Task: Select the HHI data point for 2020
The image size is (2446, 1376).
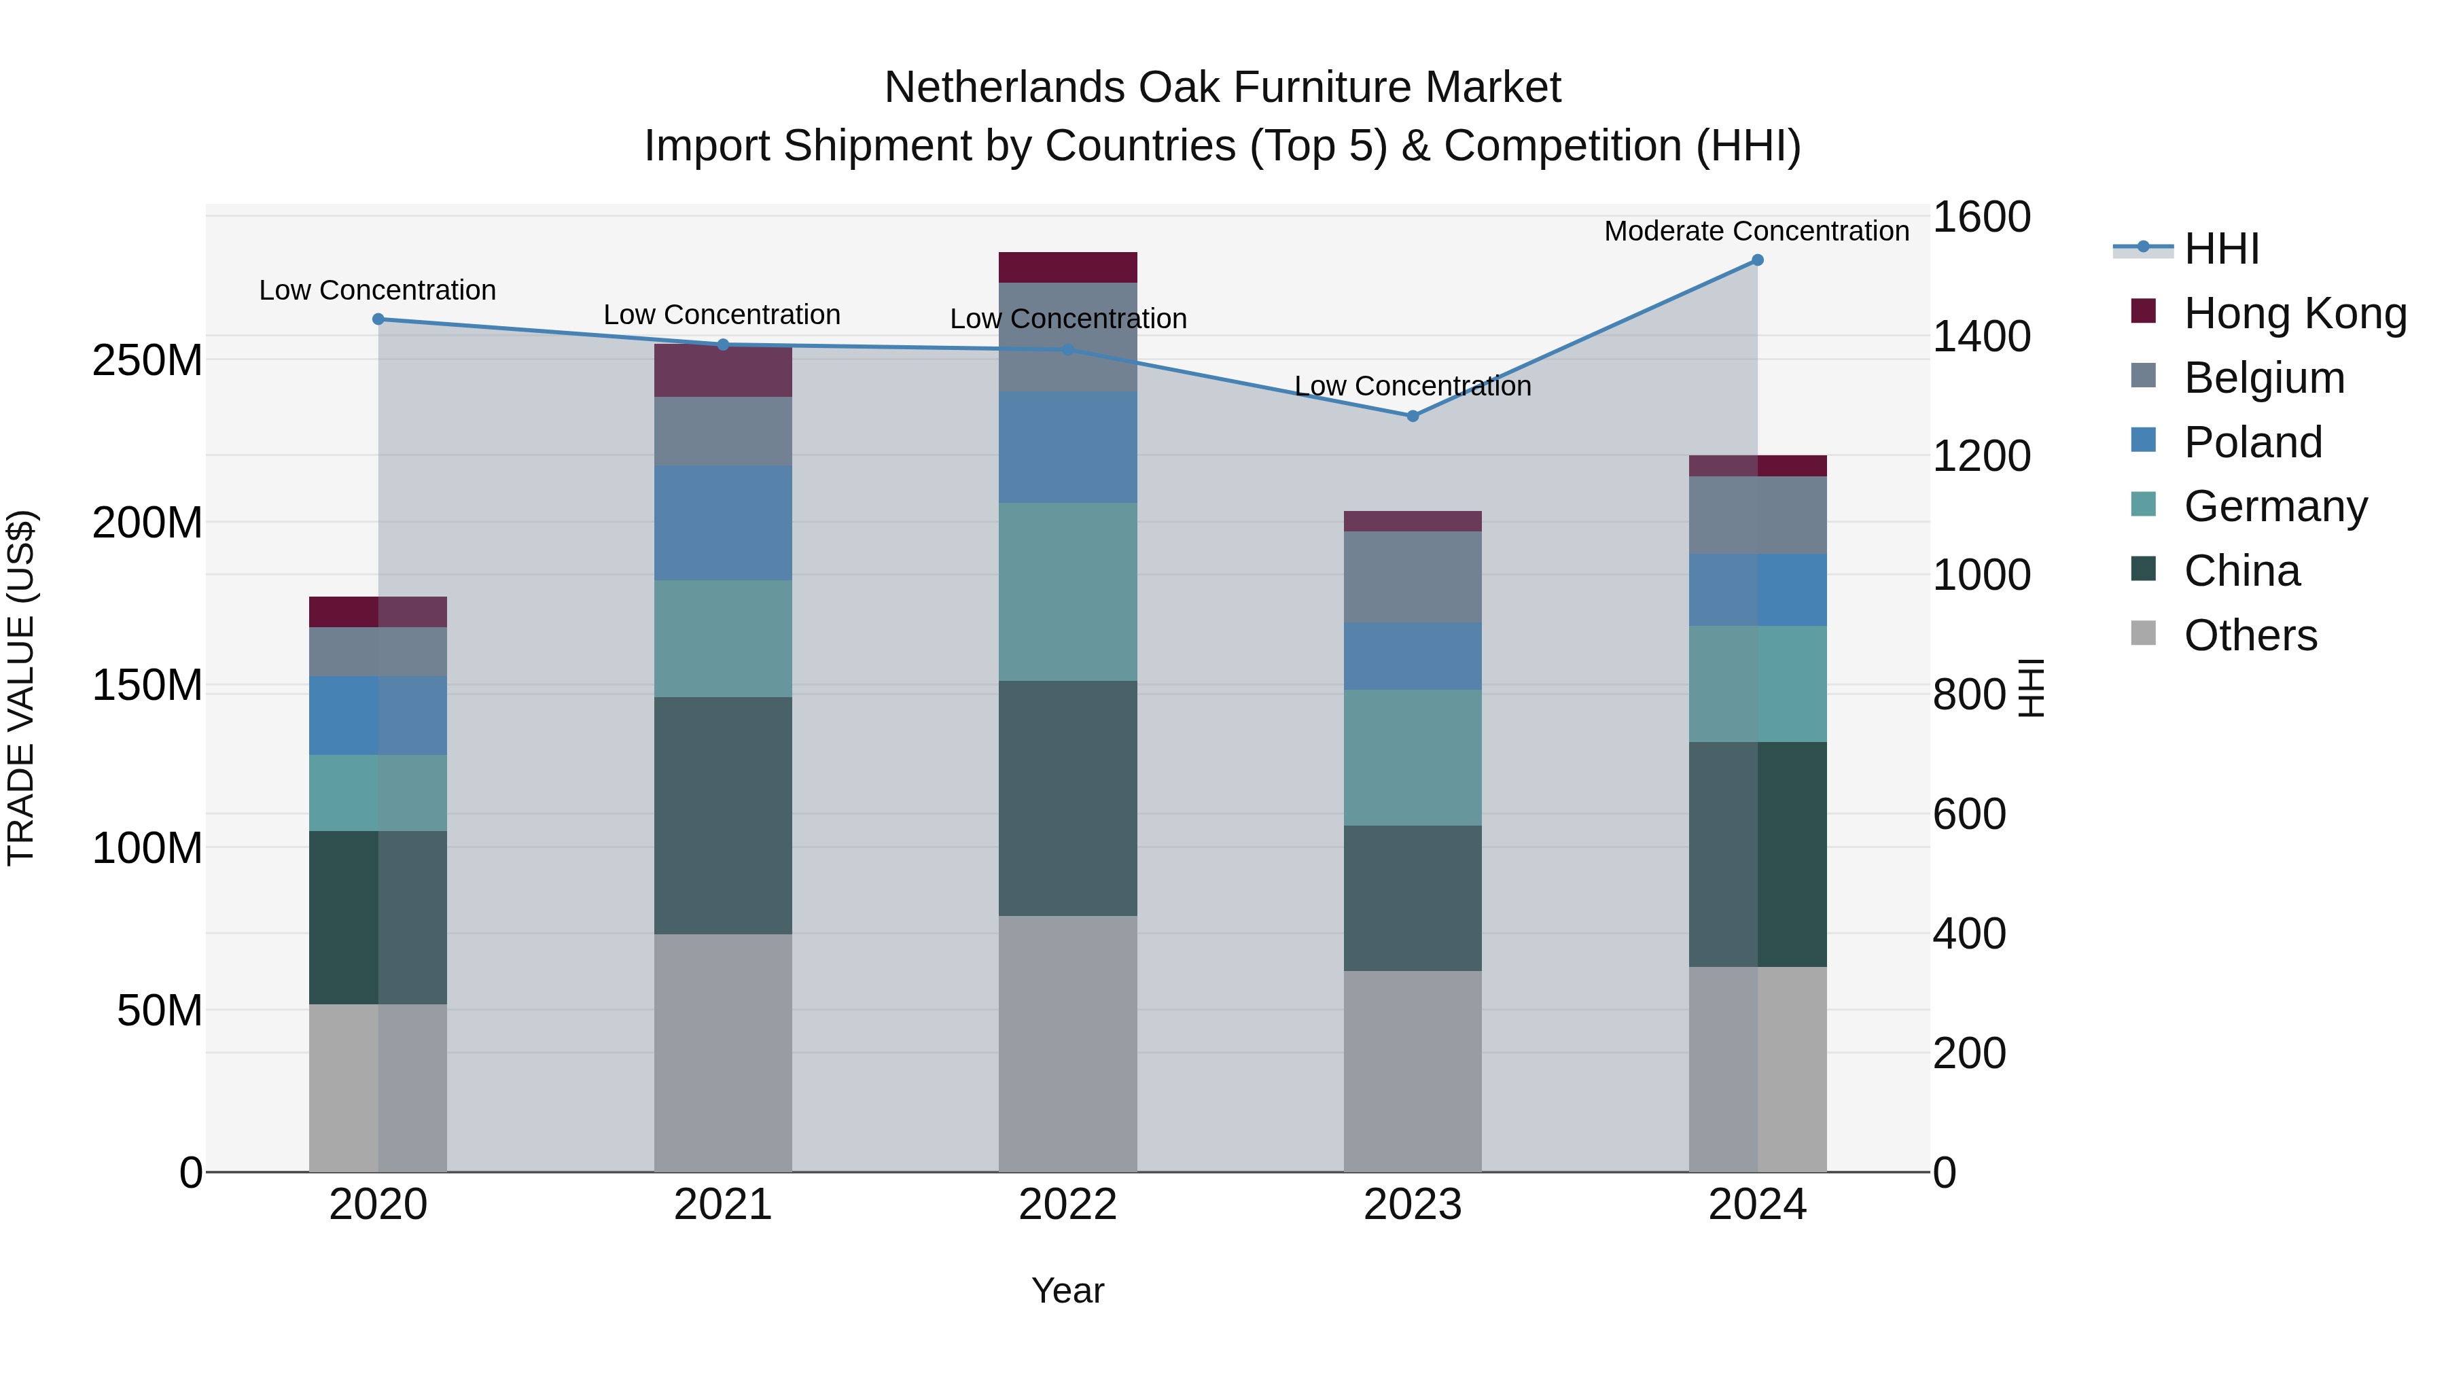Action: coord(378,319)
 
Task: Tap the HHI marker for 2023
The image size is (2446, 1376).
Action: coord(1412,416)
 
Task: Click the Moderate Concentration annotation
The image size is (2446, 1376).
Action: coord(1756,231)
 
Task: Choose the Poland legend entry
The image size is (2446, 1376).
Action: coord(2252,442)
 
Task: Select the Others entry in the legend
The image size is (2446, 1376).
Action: coord(2250,635)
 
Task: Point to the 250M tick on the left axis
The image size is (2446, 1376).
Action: coord(147,360)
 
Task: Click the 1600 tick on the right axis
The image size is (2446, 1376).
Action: coord(1982,217)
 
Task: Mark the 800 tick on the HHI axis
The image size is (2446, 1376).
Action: coord(1969,694)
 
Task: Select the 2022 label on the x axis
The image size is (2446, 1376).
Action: coord(1067,1205)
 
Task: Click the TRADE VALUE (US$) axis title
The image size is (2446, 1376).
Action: coord(21,688)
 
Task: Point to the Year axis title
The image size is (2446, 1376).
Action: coord(1067,1290)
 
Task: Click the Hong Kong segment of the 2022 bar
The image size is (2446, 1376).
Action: coord(1067,267)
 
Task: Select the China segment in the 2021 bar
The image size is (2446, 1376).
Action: coord(723,815)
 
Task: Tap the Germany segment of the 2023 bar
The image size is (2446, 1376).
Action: coord(1412,757)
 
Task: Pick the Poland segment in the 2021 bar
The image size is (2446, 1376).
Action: coord(723,523)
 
